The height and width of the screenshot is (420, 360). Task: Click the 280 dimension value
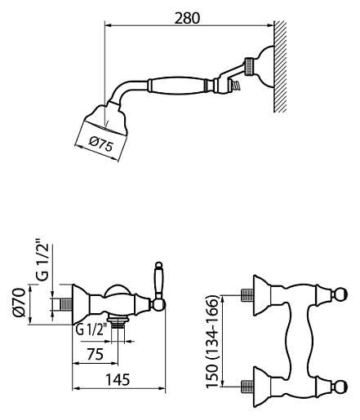(x=187, y=19)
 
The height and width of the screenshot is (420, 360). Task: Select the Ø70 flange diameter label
(x=20, y=303)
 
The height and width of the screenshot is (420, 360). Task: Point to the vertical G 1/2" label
(x=42, y=259)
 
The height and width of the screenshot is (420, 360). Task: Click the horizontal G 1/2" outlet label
(x=91, y=330)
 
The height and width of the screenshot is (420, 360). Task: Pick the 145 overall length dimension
(x=118, y=379)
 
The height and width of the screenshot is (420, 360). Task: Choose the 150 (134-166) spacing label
(x=212, y=342)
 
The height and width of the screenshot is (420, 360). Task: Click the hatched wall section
(x=280, y=67)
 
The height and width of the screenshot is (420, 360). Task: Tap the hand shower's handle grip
(x=176, y=86)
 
